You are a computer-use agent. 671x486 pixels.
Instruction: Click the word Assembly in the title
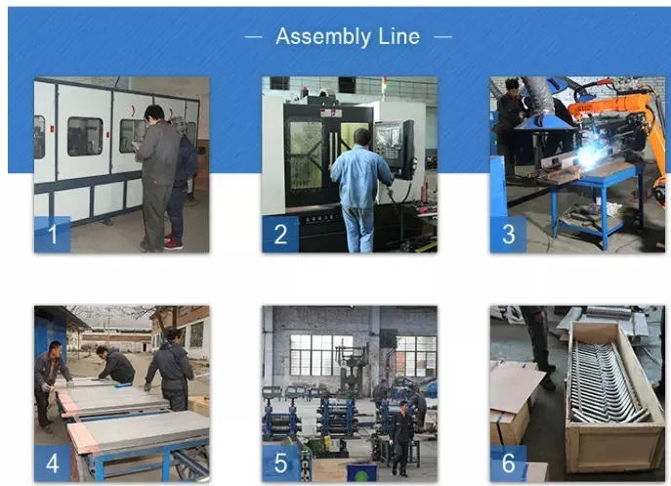(x=323, y=37)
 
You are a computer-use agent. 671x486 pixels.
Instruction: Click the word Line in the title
(x=398, y=36)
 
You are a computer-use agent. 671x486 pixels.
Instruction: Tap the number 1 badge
(x=52, y=234)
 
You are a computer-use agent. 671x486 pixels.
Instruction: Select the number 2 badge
(x=280, y=234)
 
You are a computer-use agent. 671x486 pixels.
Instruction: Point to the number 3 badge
(x=508, y=234)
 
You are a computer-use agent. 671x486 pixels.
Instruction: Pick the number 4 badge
(x=52, y=464)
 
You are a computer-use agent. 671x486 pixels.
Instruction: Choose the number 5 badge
(x=280, y=464)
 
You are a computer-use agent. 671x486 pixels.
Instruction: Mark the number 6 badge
(x=508, y=464)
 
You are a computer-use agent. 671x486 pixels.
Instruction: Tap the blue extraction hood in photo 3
(x=543, y=122)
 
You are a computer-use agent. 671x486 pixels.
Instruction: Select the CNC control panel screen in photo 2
(x=388, y=139)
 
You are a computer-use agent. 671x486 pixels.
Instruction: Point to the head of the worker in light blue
(x=362, y=137)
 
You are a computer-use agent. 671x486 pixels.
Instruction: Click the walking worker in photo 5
(x=401, y=438)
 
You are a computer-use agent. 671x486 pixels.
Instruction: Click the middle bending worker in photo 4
(x=114, y=366)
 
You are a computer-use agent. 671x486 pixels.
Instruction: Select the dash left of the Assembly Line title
(x=253, y=37)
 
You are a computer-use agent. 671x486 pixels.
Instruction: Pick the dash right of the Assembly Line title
(x=443, y=37)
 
